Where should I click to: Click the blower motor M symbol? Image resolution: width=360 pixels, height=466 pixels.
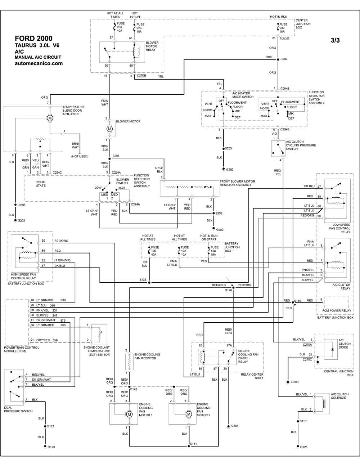[109, 129]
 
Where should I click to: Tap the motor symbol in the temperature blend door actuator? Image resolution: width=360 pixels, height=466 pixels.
[50, 118]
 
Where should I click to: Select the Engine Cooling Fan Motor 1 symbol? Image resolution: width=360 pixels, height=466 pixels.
[129, 414]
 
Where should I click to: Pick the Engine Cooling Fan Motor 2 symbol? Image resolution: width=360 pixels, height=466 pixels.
[189, 414]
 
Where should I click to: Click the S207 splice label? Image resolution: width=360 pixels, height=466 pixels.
[284, 59]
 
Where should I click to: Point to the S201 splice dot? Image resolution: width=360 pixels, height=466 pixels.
[109, 159]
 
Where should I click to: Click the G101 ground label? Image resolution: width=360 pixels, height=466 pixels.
[235, 426]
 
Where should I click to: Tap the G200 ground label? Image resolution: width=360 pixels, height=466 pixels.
[295, 382]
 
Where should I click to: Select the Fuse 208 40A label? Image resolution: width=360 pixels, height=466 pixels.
[121, 27]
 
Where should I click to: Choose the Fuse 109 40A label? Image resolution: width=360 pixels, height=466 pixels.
[155, 251]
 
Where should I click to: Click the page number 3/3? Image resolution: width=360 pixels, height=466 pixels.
[335, 40]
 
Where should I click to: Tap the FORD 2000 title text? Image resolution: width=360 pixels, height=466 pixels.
[33, 39]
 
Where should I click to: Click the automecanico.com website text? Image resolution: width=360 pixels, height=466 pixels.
[39, 63]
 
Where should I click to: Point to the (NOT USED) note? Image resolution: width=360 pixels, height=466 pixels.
[80, 156]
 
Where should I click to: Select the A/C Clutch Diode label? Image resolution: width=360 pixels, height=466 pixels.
[345, 344]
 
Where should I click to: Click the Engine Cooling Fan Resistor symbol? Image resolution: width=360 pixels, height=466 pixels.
[129, 362]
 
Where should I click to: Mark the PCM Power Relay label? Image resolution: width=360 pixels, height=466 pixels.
[337, 310]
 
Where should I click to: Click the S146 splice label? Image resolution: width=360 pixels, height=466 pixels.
[229, 290]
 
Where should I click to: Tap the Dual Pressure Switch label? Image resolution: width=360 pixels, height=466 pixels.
[18, 409]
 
